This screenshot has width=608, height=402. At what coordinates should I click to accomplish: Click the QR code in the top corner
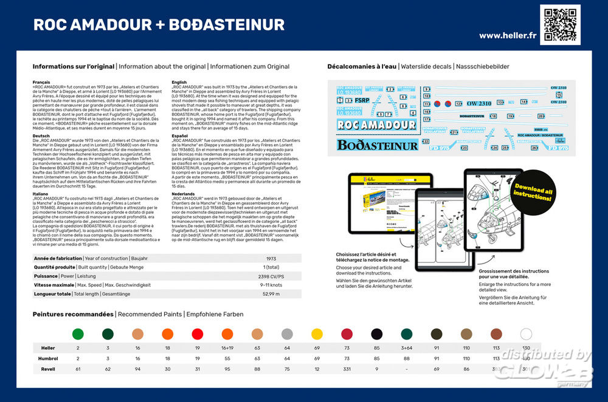560,25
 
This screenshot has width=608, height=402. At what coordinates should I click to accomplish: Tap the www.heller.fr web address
507,35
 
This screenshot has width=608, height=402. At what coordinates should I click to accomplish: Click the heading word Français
43,81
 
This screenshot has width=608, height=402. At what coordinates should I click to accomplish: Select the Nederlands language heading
184,194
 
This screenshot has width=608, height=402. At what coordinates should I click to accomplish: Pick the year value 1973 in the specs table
271,258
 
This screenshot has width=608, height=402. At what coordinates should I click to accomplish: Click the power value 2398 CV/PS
271,275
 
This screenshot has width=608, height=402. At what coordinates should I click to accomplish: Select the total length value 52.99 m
271,294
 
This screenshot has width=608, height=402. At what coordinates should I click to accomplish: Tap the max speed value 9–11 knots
271,284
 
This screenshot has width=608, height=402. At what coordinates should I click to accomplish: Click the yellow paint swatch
317,333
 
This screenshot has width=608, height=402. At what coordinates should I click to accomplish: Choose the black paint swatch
376,333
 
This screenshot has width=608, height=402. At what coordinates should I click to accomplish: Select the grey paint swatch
287,333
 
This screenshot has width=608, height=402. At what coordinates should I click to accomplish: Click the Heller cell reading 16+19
227,349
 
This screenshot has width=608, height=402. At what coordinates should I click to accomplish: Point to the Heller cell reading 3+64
406,349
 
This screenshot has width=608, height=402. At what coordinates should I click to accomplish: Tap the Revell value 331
347,369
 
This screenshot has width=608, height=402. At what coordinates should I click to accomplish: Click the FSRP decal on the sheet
362,101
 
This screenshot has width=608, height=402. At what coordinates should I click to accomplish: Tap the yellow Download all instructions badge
533,194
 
